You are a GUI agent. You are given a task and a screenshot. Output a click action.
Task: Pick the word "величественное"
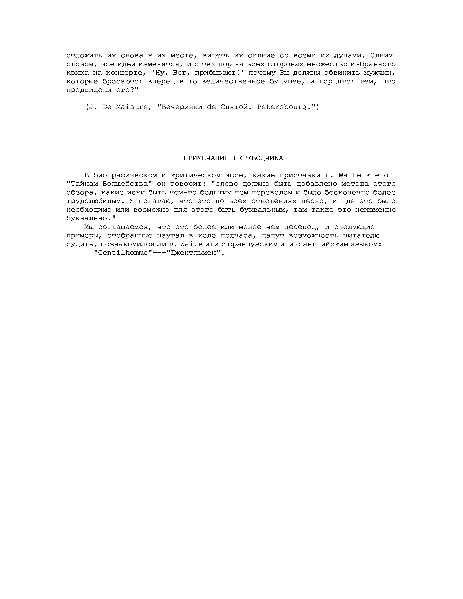pos(233,82)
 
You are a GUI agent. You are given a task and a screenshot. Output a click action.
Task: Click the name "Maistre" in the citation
pos(132,107)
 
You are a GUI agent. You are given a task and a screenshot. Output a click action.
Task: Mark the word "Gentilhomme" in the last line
pos(123,253)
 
